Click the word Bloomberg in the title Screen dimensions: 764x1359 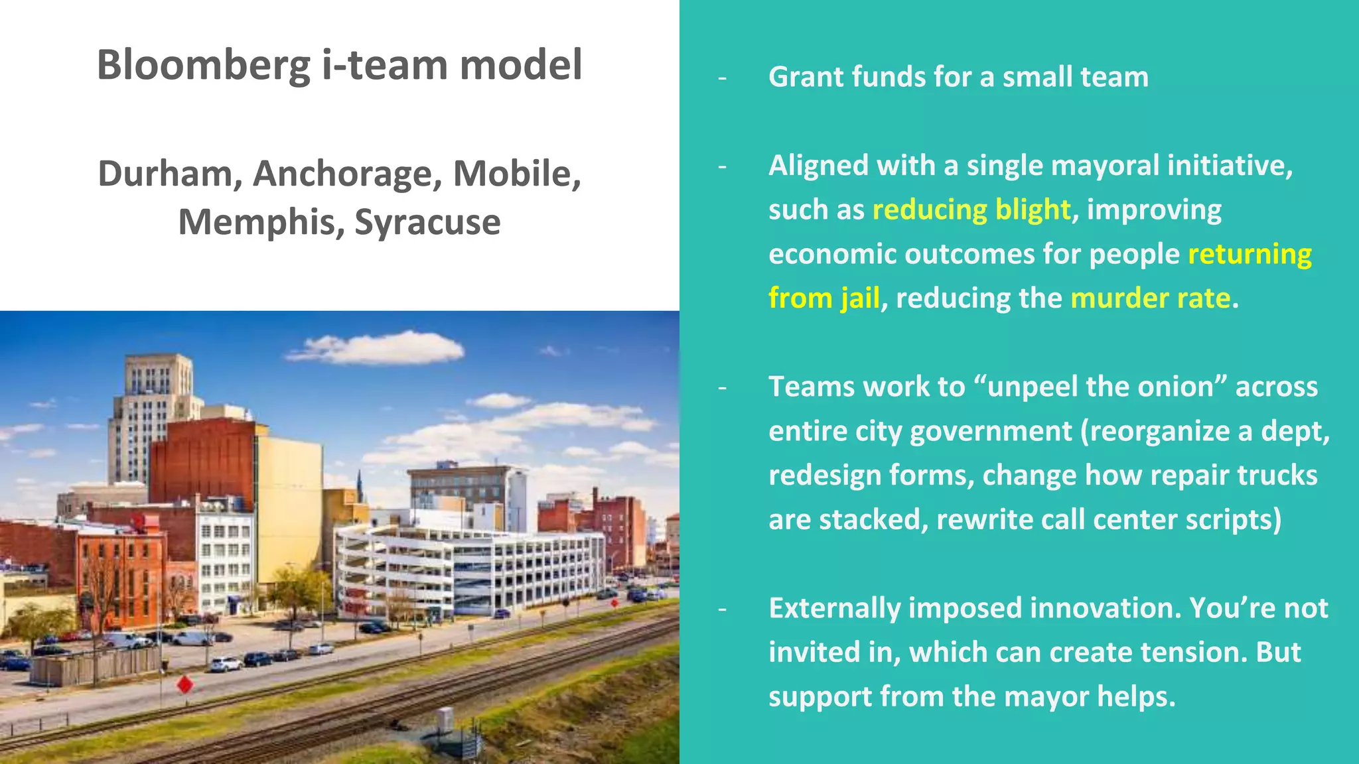(x=204, y=66)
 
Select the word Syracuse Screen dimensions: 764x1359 (x=427, y=222)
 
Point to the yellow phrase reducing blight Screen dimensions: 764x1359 (x=971, y=210)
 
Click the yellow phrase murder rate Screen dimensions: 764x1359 (x=1151, y=298)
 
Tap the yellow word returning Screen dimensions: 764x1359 (x=1250, y=254)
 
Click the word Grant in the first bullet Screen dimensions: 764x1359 (x=806, y=78)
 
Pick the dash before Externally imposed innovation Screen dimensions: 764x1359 (x=723, y=608)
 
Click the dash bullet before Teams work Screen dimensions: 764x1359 (x=723, y=387)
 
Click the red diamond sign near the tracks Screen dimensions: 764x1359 (x=185, y=684)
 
